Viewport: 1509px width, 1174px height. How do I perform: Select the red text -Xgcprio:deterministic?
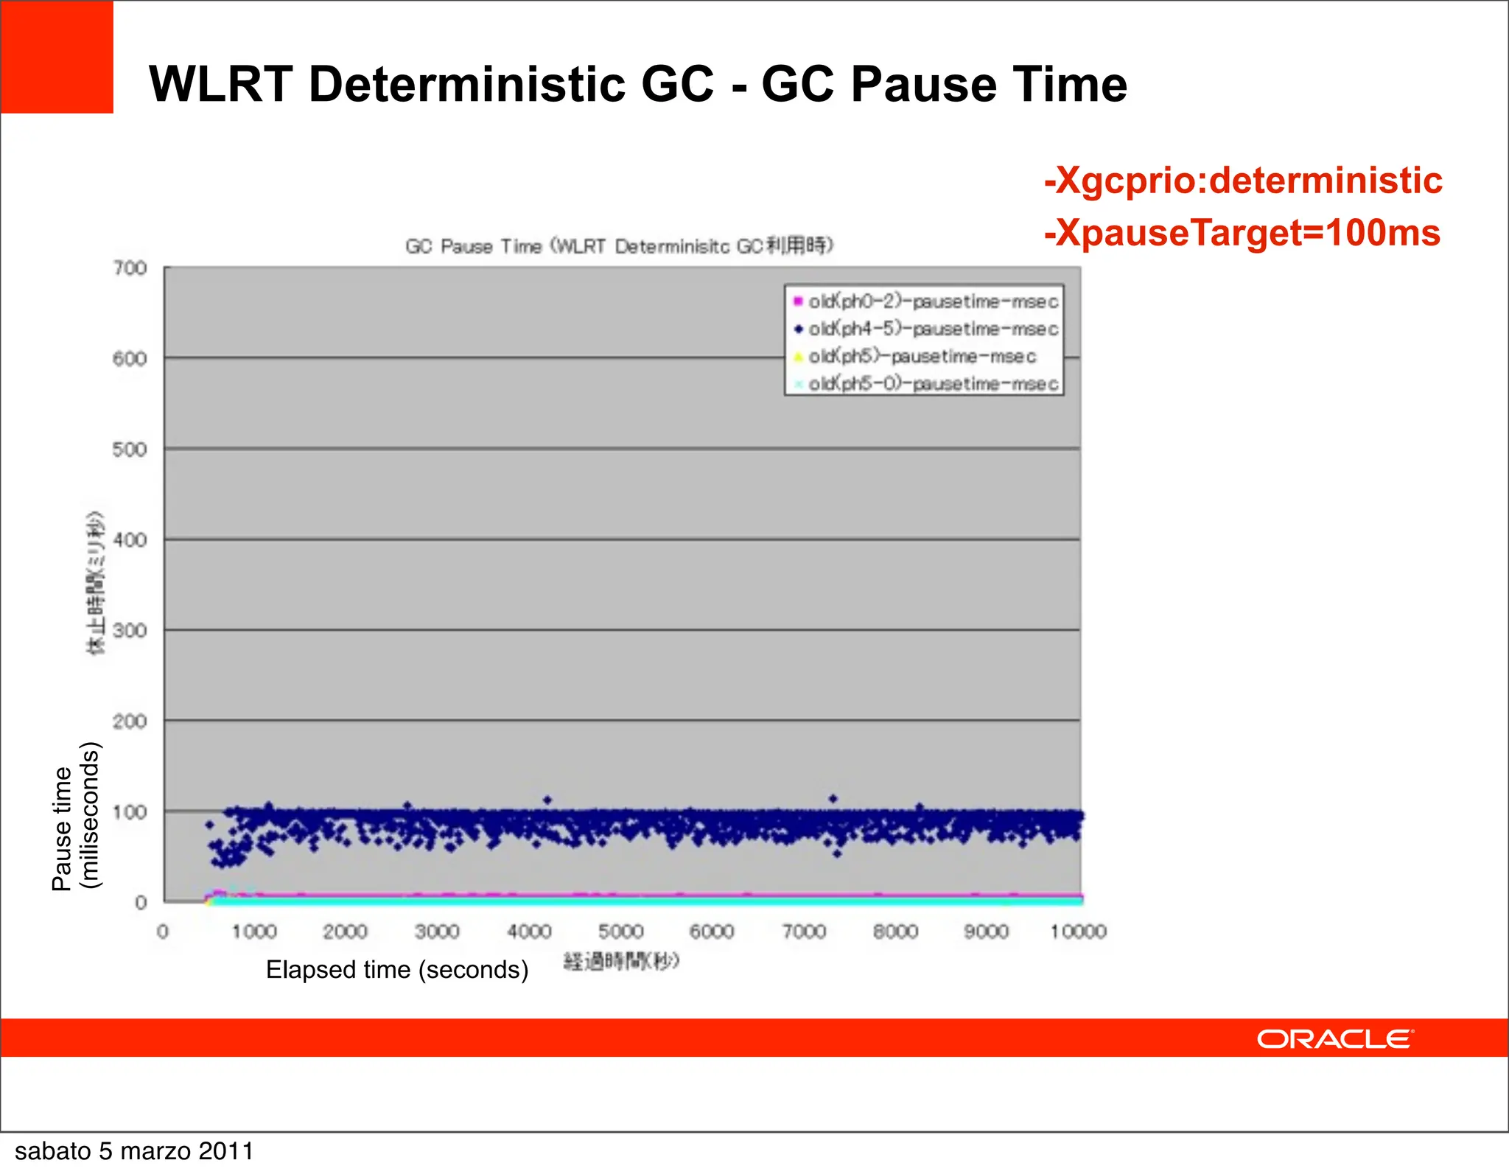(x=1243, y=181)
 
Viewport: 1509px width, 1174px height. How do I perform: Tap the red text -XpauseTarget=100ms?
(x=1242, y=233)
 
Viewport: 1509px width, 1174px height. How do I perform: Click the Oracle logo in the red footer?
(x=1334, y=1039)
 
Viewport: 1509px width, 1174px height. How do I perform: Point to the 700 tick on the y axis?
(x=130, y=268)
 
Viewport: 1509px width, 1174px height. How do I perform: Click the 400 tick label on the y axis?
(x=130, y=540)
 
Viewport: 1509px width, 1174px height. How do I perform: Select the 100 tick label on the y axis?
(x=130, y=812)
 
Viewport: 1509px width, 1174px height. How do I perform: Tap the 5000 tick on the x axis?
(x=621, y=932)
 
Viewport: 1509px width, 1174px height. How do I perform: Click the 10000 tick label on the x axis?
(x=1078, y=932)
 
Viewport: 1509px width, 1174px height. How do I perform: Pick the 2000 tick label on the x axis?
(x=346, y=932)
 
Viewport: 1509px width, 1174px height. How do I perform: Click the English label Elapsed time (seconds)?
(x=397, y=970)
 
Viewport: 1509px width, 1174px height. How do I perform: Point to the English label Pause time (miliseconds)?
(x=75, y=817)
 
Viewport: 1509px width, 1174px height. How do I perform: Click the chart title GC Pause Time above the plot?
(x=619, y=246)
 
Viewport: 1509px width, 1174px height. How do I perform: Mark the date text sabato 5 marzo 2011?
(x=134, y=1151)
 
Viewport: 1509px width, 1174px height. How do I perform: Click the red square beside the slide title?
(x=57, y=57)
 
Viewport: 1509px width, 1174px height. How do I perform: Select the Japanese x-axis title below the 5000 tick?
(x=621, y=962)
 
